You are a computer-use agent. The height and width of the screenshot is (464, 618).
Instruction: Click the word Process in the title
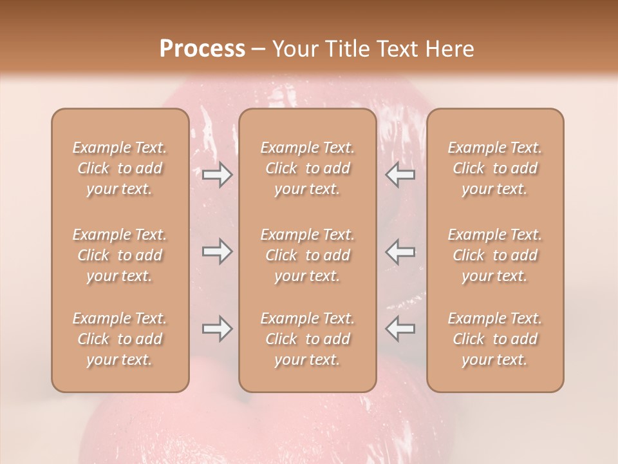(x=202, y=49)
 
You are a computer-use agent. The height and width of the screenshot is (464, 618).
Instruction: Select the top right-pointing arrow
(x=217, y=175)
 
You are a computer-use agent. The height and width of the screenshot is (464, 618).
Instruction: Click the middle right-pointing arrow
(x=217, y=251)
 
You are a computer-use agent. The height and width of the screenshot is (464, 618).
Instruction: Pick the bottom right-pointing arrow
(x=217, y=329)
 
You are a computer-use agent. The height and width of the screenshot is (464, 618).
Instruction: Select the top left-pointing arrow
(x=400, y=175)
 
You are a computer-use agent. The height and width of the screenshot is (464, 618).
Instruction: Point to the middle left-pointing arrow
(x=400, y=251)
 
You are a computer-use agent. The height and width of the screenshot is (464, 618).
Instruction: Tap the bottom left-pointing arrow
(x=400, y=329)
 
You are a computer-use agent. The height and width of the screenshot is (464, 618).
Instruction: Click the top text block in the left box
(x=120, y=168)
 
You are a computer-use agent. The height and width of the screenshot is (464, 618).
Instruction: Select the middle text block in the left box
(x=120, y=255)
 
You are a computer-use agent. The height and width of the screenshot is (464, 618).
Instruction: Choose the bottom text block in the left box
(x=120, y=339)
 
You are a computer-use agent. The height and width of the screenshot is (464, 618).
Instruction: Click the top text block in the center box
(x=308, y=168)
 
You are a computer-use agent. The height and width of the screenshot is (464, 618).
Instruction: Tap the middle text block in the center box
(x=308, y=255)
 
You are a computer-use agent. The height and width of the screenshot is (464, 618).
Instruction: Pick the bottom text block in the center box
(x=308, y=339)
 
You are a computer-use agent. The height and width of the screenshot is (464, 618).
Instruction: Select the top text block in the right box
(x=495, y=168)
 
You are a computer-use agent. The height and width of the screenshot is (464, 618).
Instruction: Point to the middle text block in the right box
(x=495, y=255)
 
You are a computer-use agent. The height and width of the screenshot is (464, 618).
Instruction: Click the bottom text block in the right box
(x=495, y=339)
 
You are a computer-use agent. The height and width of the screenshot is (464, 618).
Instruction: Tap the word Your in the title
(x=294, y=49)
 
